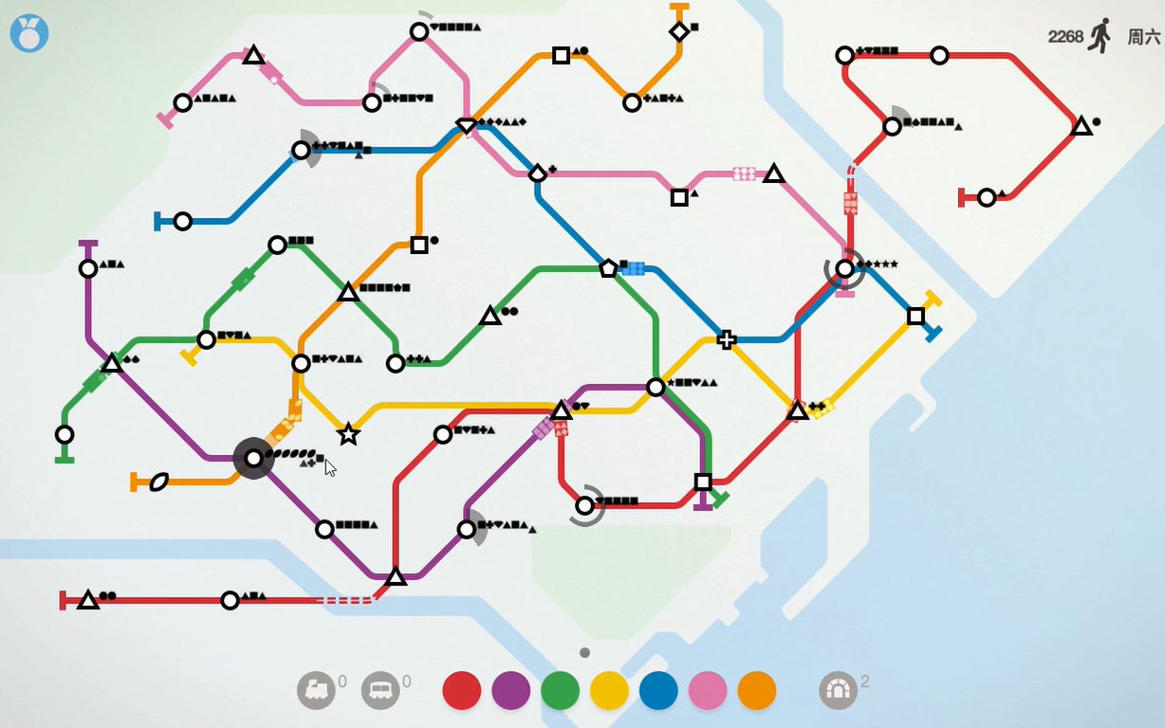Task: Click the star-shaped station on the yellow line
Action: pos(348,434)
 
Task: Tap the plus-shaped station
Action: pos(727,339)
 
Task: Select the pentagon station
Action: pos(608,268)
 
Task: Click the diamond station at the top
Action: pos(679,31)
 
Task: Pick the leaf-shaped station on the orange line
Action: pos(158,482)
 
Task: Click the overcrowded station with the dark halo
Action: pos(253,459)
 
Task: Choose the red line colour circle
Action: pos(462,691)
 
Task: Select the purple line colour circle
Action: pos(511,691)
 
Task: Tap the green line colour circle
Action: pos(561,691)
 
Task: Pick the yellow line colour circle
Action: pos(610,691)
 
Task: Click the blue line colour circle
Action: pos(659,691)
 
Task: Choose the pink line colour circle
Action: pos(708,691)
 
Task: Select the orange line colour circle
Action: pos(757,691)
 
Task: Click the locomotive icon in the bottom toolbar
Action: pos(316,690)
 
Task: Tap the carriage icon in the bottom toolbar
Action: pos(380,690)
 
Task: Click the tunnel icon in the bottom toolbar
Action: pos(838,690)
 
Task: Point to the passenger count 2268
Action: pos(1065,36)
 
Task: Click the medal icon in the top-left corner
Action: pos(29,34)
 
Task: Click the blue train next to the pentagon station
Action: pos(633,268)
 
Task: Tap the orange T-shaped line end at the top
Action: pos(679,8)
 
